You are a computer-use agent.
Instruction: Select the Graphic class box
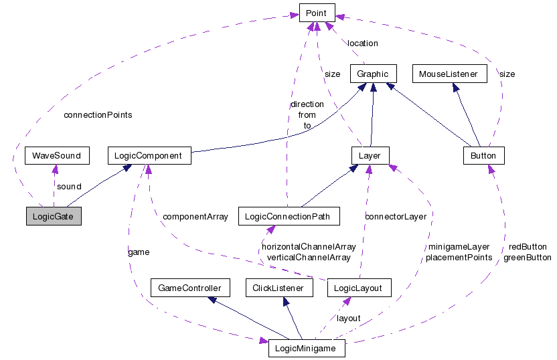click(x=374, y=74)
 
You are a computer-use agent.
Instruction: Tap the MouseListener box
click(x=449, y=74)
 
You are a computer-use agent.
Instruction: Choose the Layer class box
click(x=370, y=156)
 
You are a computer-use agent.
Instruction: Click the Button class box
click(x=483, y=156)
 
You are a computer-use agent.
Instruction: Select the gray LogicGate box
click(x=53, y=216)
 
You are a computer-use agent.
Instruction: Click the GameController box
click(x=190, y=288)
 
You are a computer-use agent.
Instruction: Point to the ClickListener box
click(x=279, y=288)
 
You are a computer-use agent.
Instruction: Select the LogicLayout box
click(x=357, y=288)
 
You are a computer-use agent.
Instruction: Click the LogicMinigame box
click(x=307, y=349)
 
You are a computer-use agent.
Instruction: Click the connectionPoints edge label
click(x=98, y=115)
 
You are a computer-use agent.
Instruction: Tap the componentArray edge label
click(x=195, y=217)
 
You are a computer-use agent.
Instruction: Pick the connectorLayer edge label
click(x=395, y=217)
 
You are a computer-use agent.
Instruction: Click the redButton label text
click(x=528, y=247)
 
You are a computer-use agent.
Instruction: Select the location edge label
click(x=362, y=43)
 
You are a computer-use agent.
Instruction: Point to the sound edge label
click(x=69, y=187)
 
